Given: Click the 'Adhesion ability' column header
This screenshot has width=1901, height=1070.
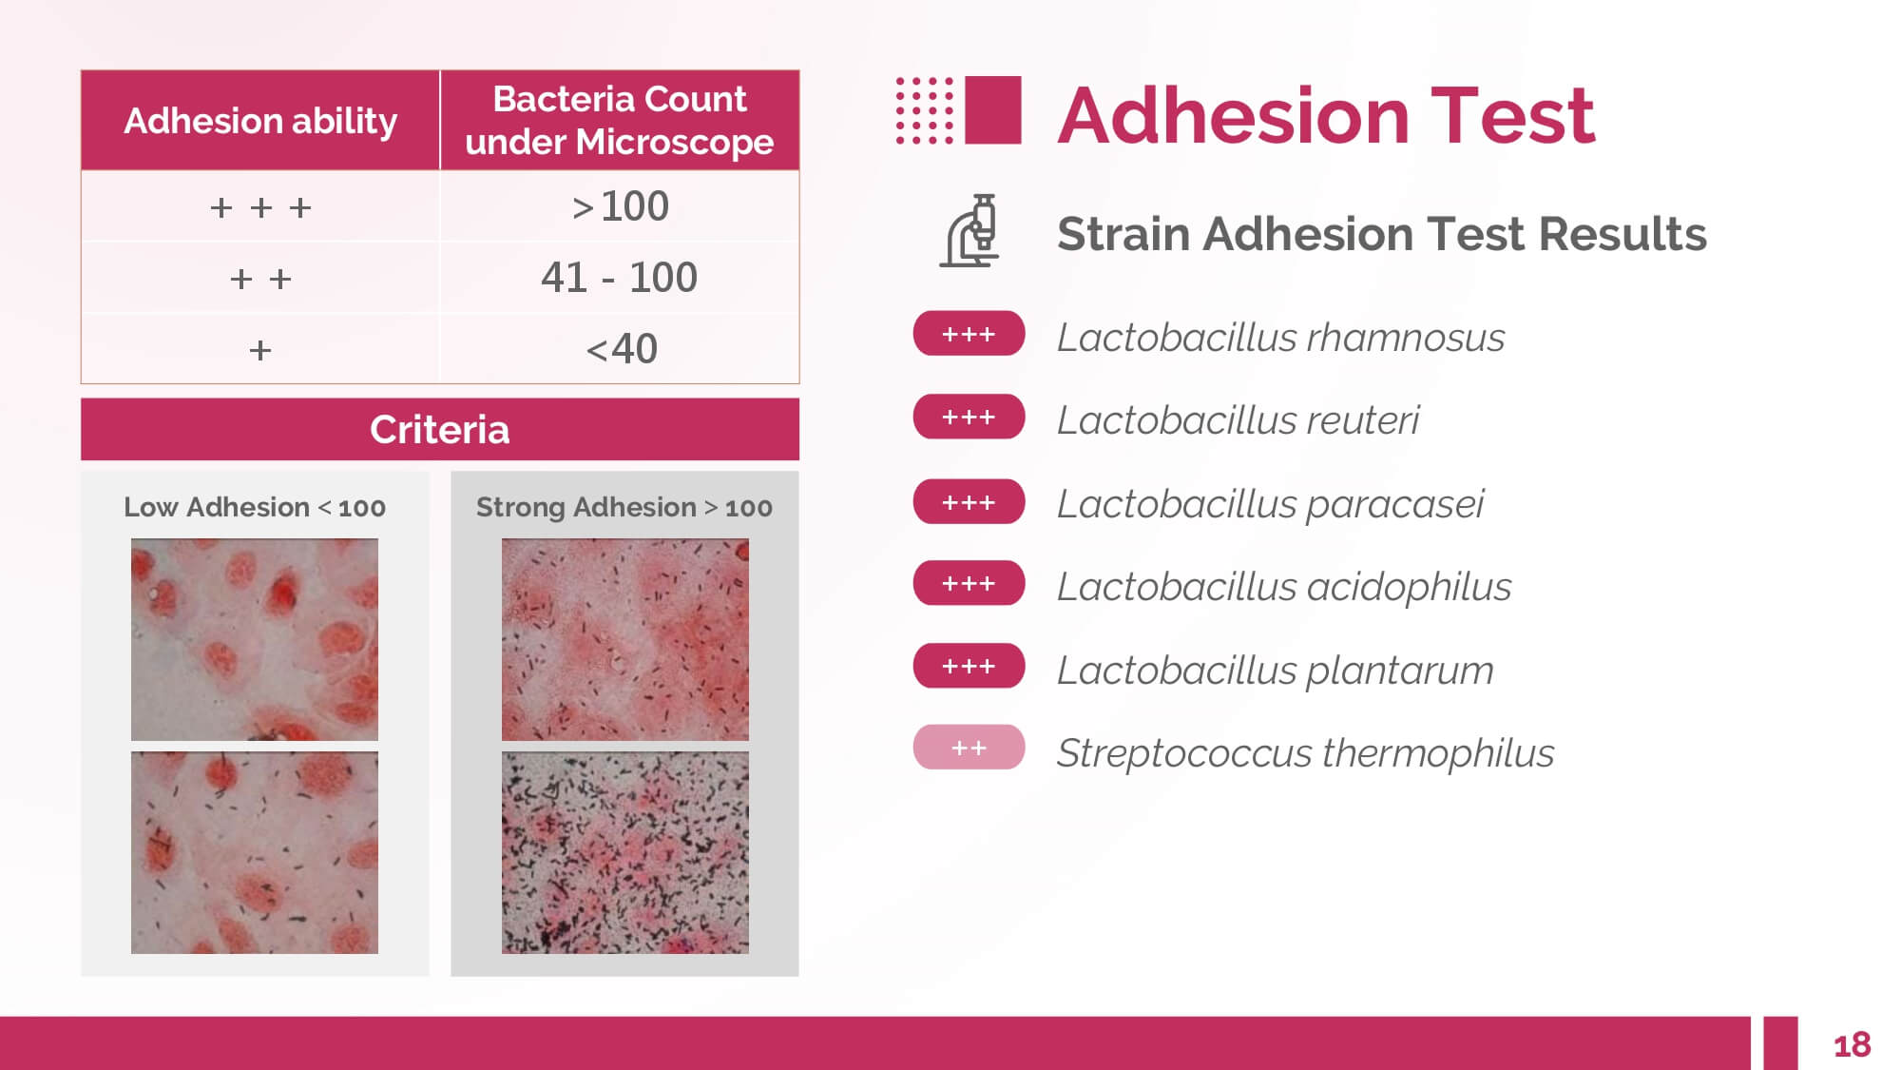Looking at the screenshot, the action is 260,121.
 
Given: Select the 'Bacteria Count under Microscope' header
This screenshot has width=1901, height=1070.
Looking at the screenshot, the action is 620,121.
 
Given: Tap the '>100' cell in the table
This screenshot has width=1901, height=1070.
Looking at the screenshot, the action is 620,206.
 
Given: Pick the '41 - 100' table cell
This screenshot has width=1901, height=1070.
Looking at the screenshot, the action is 620,278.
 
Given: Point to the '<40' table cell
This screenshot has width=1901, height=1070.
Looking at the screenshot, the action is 620,349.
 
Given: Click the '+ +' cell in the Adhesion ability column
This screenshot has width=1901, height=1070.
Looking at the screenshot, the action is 260,279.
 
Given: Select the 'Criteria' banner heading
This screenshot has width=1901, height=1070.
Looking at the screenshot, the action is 440,430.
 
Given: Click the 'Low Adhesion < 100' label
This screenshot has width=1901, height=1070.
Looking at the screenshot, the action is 255,507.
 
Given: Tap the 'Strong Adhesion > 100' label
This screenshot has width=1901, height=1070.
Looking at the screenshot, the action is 624,507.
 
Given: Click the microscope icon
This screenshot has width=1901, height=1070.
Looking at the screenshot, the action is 970,231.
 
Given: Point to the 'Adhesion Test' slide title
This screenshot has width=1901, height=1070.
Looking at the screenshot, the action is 1326,116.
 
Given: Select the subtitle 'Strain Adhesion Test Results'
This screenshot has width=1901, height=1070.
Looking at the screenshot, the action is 1381,234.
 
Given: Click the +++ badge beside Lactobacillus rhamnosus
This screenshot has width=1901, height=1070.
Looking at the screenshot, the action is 969,334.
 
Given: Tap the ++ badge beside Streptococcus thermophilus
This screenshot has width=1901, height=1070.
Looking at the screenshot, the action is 969,748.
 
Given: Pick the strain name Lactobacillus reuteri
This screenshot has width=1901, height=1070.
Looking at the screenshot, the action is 1238,420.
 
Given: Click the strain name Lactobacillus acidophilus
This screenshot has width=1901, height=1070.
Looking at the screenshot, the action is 1284,587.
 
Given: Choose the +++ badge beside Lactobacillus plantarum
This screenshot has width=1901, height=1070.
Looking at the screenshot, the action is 969,666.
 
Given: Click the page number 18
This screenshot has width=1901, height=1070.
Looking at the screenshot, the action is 1852,1045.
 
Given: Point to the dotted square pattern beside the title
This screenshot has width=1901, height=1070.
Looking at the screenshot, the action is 925,110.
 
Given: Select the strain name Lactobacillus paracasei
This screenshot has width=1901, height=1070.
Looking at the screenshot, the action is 1270,504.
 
